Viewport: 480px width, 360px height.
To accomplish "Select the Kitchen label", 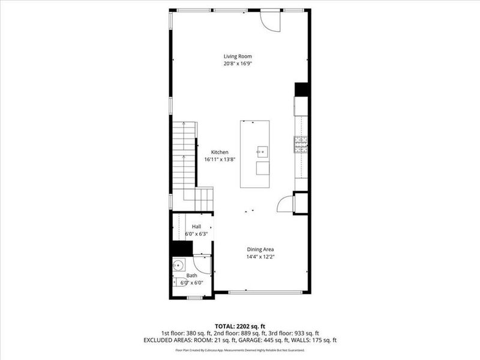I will click(x=220, y=152).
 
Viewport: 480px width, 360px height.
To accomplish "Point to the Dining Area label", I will click(x=260, y=250).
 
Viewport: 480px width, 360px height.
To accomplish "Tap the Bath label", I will click(x=191, y=275).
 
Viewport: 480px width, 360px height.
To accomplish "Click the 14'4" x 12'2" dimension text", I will click(x=260, y=257).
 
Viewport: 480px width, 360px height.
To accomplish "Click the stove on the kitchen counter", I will click(x=300, y=142).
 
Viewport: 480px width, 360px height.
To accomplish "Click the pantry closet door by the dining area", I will click(x=284, y=204).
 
